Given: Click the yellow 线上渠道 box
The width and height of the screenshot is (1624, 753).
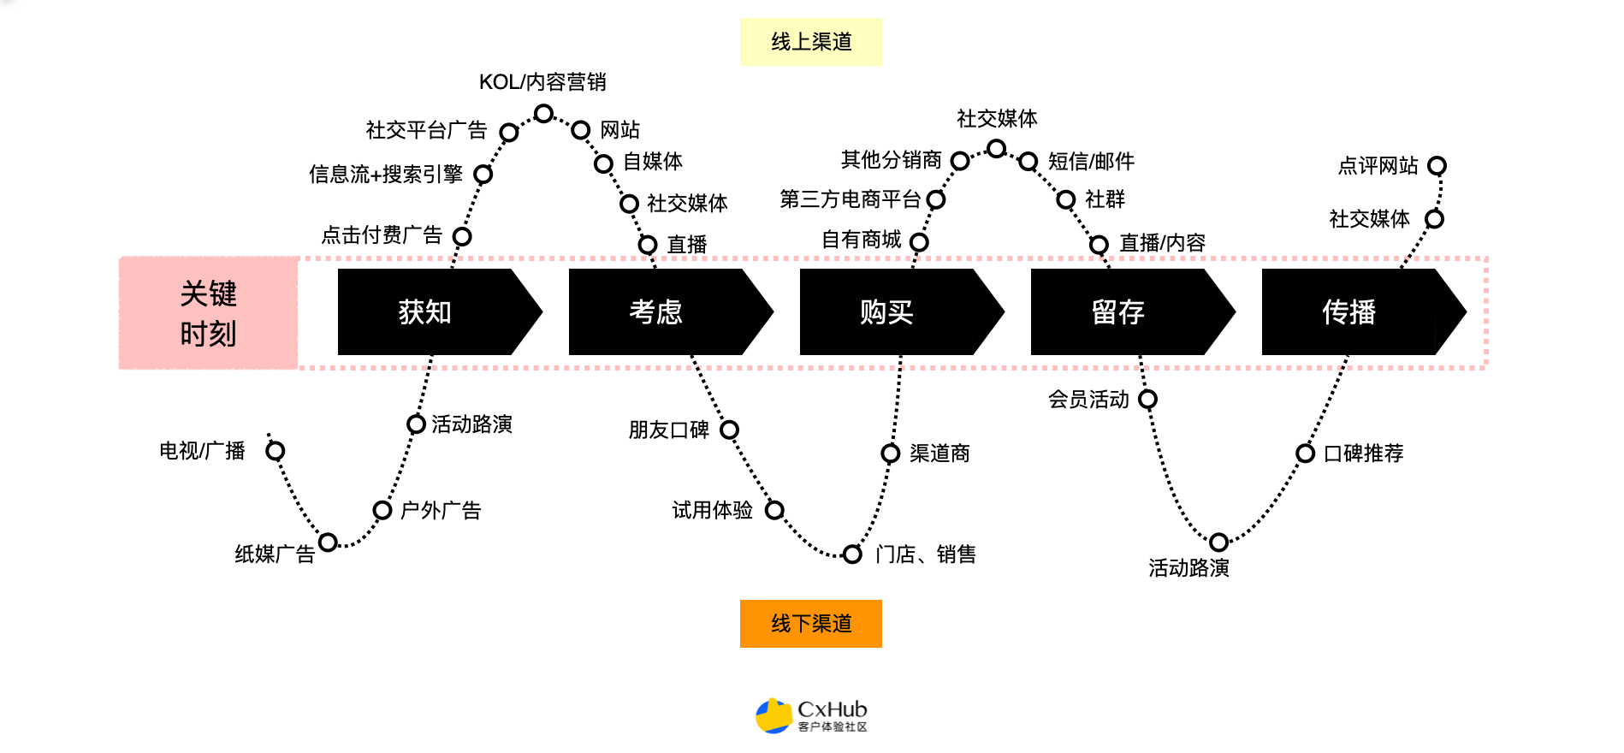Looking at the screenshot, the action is tap(810, 42).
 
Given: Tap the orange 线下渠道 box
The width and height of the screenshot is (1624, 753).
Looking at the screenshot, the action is tap(810, 624).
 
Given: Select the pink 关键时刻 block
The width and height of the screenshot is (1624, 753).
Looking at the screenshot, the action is tap(208, 313).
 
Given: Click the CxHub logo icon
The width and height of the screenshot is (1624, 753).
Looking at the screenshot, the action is tap(773, 716).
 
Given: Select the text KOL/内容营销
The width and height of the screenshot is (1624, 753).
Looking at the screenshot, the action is tap(542, 82).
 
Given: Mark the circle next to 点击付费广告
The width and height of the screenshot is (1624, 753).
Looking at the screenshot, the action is tap(462, 236).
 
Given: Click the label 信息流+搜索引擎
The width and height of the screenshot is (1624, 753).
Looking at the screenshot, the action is tap(386, 175).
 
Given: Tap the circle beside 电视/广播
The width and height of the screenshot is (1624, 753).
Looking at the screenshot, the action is tap(276, 451).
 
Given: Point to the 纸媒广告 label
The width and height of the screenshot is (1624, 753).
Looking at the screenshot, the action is tap(275, 554).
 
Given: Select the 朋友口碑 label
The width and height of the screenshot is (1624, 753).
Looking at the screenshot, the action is tap(669, 430).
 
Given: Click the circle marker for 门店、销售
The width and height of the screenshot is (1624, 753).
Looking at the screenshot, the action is tap(852, 554).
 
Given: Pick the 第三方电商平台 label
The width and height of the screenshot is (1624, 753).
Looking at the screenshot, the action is tap(851, 199).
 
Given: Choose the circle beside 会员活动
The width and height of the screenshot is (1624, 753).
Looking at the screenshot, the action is tap(1148, 400).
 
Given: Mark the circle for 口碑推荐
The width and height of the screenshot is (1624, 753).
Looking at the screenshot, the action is tap(1306, 454).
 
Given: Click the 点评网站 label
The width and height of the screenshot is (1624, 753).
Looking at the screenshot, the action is tap(1378, 166).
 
